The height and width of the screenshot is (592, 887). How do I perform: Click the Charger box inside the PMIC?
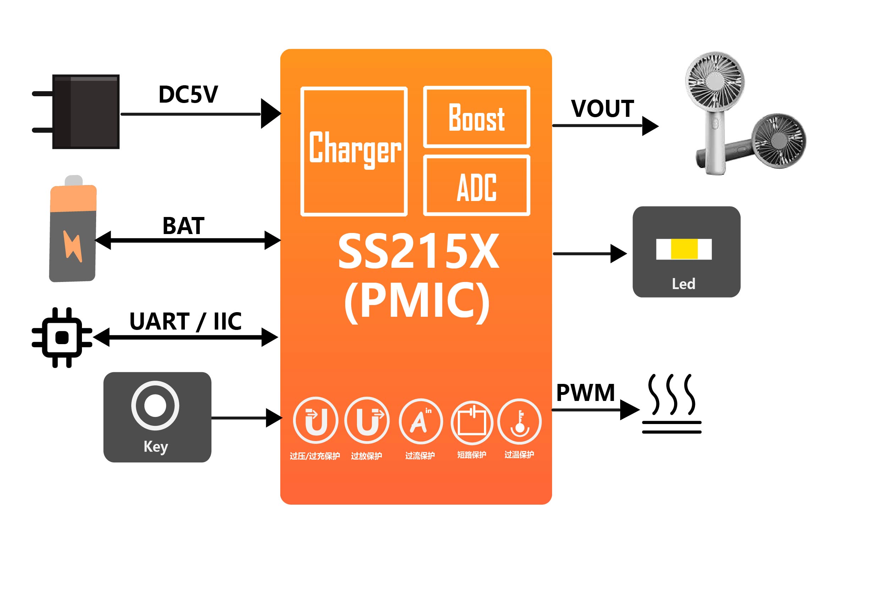coord(354,151)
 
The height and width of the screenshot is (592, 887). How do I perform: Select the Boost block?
coord(477,117)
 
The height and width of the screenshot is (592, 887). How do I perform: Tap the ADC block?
coord(477,186)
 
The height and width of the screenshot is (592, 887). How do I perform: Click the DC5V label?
coord(188,94)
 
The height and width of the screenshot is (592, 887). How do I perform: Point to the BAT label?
coord(183,226)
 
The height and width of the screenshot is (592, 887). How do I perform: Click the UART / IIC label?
coord(185,321)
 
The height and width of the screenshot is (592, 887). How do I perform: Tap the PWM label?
coord(585,393)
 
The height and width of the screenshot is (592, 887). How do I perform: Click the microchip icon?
coord(62,337)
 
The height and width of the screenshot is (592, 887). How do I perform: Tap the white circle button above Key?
coord(155,406)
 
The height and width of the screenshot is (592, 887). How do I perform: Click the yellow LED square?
coord(684,249)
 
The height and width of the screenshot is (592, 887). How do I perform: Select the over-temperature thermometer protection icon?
coord(519,421)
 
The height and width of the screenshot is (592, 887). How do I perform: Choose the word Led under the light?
coord(683,284)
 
